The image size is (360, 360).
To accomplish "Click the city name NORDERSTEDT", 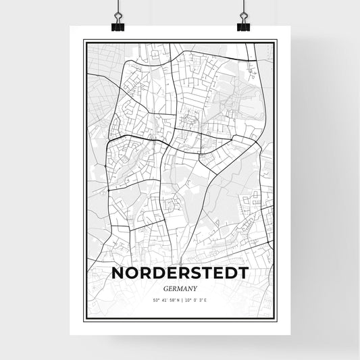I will tap(180, 273).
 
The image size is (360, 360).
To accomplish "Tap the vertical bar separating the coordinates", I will tap(180, 299).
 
